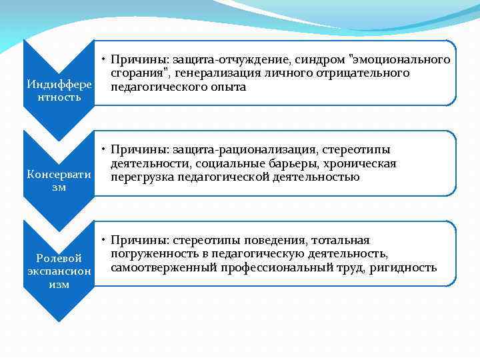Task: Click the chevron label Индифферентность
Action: pos(59,91)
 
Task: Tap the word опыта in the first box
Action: pos(226,87)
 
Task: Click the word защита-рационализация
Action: pos(227,149)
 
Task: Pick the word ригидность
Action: pos(407,268)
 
